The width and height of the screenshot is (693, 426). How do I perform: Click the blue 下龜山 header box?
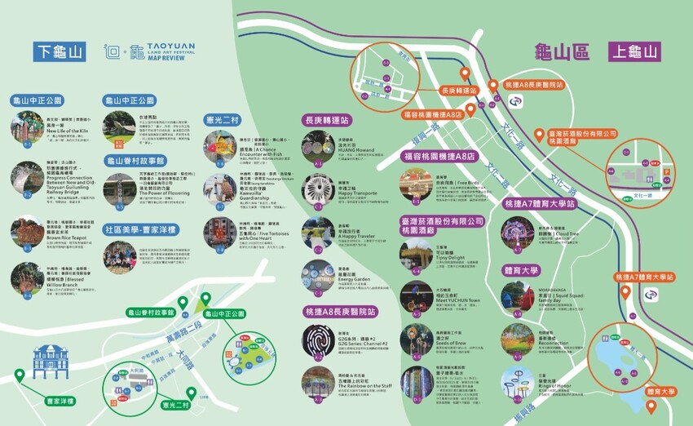coord(59,51)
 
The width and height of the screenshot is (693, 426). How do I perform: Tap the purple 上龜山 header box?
coord(633,52)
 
